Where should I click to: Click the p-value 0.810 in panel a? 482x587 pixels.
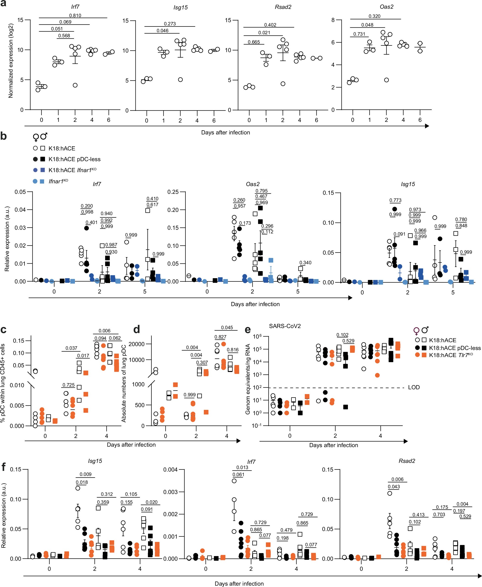pyautogui.click(x=75, y=16)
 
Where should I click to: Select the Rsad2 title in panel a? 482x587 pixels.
pyautogui.click(x=283, y=7)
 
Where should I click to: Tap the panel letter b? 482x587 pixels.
pyautogui.click(x=4, y=136)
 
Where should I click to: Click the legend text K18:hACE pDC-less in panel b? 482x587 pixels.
pyautogui.click(x=74, y=159)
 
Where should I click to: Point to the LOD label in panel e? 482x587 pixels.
pyautogui.click(x=414, y=387)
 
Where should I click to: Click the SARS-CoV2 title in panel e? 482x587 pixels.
pyautogui.click(x=285, y=326)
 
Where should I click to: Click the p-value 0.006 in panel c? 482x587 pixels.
pyautogui.click(x=104, y=331)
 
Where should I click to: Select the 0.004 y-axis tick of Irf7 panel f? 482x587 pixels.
pyautogui.click(x=170, y=470)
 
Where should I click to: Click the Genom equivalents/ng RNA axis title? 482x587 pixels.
pyautogui.click(x=248, y=379)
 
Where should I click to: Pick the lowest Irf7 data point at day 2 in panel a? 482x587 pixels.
pyautogui.click(x=75, y=85)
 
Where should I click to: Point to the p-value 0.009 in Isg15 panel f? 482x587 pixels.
pyautogui.click(x=85, y=474)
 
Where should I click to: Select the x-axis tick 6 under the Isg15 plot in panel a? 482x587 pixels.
pyautogui.click(x=214, y=120)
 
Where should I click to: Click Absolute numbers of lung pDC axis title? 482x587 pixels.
pyautogui.click(x=124, y=384)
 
